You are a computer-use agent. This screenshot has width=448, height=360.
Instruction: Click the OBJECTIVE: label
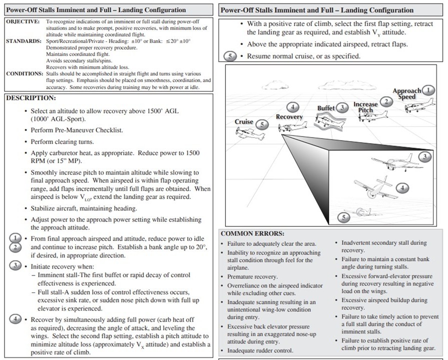coord(22,22)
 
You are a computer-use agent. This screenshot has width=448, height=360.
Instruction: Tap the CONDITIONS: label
coord(24,74)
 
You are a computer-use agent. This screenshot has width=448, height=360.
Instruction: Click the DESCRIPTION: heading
coord(30,98)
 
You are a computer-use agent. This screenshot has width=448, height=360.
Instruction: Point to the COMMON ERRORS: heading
coord(253,233)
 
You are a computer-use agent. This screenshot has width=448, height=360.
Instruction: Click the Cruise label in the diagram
coord(244,122)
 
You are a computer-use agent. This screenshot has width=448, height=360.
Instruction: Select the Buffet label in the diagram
coord(326,108)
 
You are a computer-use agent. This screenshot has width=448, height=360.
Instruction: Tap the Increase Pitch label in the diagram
coord(366,107)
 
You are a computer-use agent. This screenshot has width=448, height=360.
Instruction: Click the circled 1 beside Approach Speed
coord(428,90)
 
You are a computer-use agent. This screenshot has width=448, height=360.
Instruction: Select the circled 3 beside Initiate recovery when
coord(16,265)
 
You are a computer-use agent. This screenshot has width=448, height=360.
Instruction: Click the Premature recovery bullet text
coord(253,276)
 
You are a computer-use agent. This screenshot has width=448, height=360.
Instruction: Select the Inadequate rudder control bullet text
coord(260,350)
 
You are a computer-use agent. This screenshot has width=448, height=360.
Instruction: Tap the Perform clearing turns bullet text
coord(62,142)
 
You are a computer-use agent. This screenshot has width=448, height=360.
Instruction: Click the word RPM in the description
coord(38,160)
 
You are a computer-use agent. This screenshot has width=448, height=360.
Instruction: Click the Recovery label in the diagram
coord(289,117)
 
